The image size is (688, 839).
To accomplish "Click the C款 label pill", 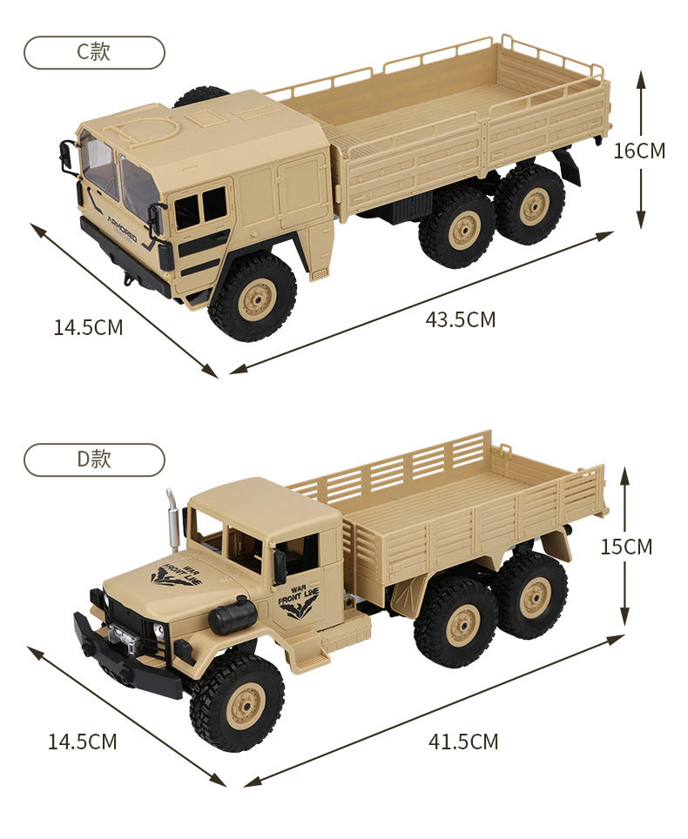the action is pyautogui.click(x=94, y=52).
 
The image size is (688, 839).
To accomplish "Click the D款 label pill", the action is pyautogui.click(x=94, y=460).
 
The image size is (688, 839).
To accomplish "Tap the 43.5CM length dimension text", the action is pyautogui.click(x=461, y=319).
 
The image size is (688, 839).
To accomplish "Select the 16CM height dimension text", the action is pyautogui.click(x=639, y=151).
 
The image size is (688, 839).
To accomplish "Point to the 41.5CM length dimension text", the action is pyautogui.click(x=463, y=742).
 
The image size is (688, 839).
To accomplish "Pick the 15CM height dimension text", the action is pyautogui.click(x=626, y=547).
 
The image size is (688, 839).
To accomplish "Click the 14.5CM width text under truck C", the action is pyautogui.click(x=88, y=327).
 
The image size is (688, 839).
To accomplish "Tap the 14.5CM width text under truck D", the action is pyautogui.click(x=83, y=742).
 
